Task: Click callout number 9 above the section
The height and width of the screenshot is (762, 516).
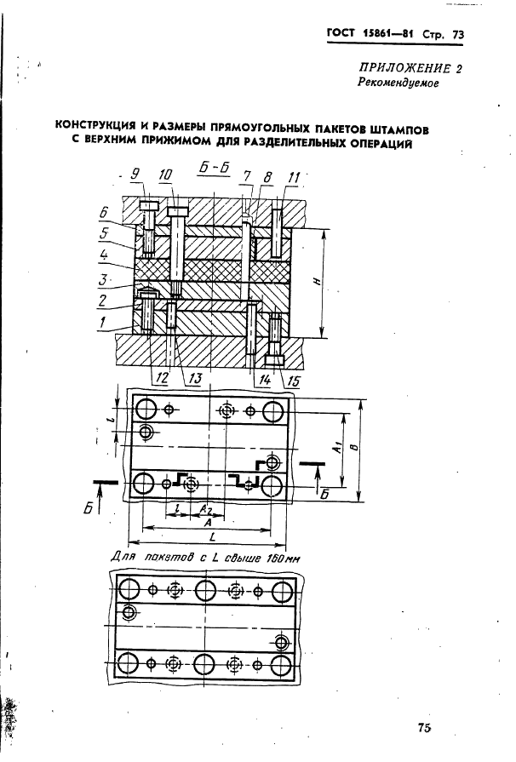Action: point(135,174)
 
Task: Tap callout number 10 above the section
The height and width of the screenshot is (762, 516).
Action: point(166,174)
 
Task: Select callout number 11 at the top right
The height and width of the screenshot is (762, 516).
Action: point(295,177)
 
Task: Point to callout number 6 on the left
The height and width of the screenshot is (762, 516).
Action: point(104,212)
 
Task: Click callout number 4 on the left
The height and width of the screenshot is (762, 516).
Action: point(104,255)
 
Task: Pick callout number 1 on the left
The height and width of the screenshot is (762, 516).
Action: point(102,321)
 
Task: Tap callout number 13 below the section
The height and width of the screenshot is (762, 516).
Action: point(194,379)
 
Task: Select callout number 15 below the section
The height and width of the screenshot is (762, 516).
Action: point(294,381)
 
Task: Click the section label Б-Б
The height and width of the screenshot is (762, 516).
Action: point(214,167)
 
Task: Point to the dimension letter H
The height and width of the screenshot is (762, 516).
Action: point(318,282)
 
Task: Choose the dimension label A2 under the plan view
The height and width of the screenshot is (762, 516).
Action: point(206,509)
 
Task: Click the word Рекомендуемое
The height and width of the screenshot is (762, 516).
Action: point(398,83)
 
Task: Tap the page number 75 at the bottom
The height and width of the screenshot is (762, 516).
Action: point(424,727)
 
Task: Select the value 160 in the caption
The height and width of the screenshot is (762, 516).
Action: point(276,559)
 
